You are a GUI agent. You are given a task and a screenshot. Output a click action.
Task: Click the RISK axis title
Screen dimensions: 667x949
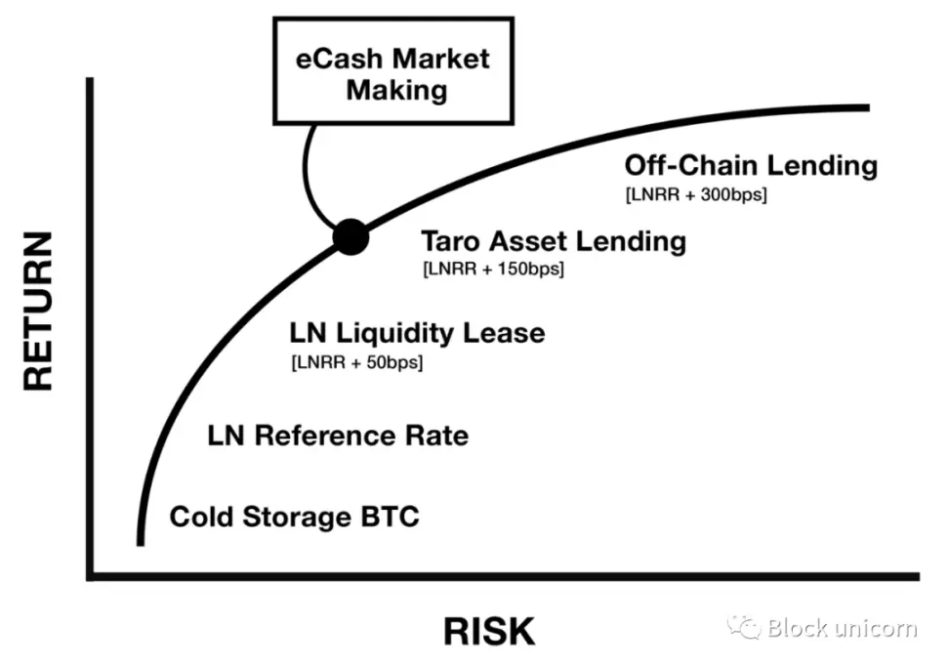tap(489, 631)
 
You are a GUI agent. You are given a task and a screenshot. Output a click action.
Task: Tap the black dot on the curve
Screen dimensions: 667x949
tap(351, 235)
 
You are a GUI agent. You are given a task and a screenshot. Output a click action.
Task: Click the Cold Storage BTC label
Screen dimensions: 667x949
tap(294, 516)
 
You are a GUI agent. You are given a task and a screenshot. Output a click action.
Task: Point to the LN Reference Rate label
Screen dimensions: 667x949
tap(338, 435)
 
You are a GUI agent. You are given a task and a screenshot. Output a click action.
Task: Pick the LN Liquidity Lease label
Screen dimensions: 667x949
tap(417, 333)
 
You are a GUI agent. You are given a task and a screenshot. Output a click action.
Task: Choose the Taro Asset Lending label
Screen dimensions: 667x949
tap(553, 240)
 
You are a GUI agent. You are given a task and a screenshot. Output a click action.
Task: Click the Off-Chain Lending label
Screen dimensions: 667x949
tap(751, 165)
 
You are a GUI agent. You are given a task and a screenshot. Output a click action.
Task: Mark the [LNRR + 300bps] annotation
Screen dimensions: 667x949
tap(695, 194)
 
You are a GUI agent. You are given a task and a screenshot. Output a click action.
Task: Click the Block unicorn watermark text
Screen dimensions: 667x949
tap(842, 627)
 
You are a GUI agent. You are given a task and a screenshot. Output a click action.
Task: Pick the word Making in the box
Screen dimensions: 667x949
tap(397, 91)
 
